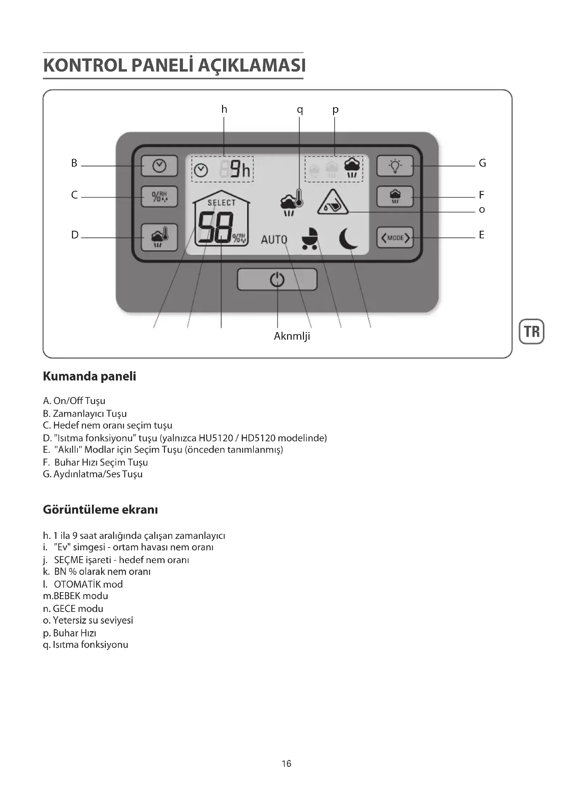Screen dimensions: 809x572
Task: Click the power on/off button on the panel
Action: click(x=277, y=279)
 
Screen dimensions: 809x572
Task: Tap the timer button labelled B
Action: click(x=159, y=166)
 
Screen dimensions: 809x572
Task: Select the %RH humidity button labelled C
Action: click(x=159, y=196)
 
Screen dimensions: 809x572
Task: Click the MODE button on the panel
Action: click(x=395, y=238)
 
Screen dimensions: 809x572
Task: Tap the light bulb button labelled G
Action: click(x=395, y=166)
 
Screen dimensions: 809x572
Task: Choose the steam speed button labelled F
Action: click(x=395, y=196)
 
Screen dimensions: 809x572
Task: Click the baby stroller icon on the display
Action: click(x=310, y=239)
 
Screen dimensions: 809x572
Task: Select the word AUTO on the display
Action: click(x=274, y=240)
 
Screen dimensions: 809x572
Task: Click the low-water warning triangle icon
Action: click(x=332, y=203)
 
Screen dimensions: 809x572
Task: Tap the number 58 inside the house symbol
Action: click(x=215, y=228)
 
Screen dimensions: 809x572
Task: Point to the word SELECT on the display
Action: click(x=222, y=203)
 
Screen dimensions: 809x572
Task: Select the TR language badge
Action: click(x=532, y=332)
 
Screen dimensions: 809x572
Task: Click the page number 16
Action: click(x=286, y=764)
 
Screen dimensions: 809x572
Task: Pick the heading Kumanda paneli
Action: click(x=90, y=376)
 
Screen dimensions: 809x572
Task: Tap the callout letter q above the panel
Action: click(x=300, y=110)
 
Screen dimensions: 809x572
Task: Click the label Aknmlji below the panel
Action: click(x=292, y=336)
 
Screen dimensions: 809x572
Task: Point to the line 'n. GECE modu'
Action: click(x=73, y=608)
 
